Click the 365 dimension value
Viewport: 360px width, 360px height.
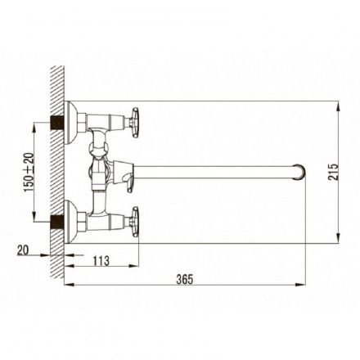point(185,279)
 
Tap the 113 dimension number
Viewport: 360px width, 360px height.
point(101,261)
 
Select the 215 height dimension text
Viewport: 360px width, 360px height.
point(333,172)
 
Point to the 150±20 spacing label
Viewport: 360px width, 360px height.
point(29,172)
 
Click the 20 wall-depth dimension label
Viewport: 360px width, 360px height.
point(23,250)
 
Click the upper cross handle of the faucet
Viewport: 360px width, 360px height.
point(135,123)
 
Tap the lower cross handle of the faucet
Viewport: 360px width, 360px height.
point(135,222)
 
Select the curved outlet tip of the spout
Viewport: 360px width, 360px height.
point(299,172)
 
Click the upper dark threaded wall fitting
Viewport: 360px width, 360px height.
point(57,123)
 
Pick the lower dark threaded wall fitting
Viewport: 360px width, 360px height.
point(57,222)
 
